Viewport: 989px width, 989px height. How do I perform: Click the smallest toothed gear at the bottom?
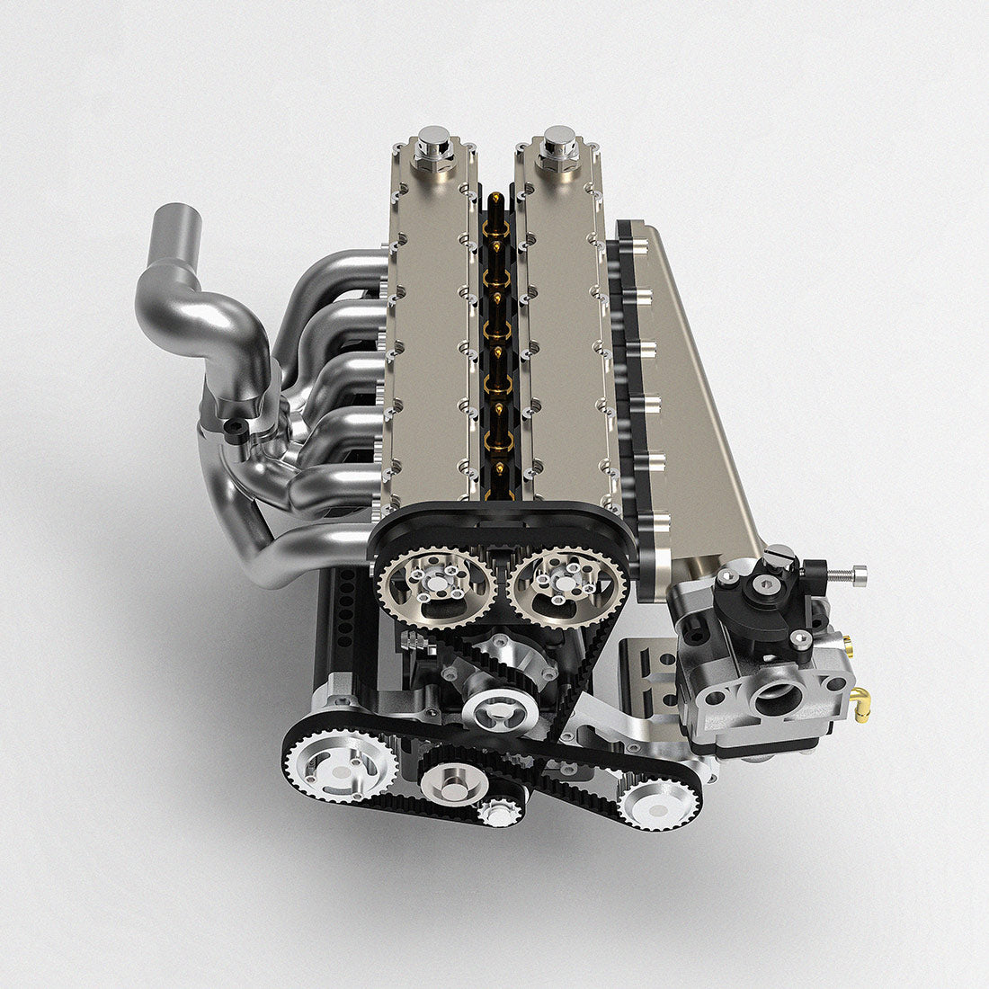499,815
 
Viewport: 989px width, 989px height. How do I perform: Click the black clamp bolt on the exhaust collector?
235,426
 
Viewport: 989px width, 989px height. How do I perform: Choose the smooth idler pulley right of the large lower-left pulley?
453,785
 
